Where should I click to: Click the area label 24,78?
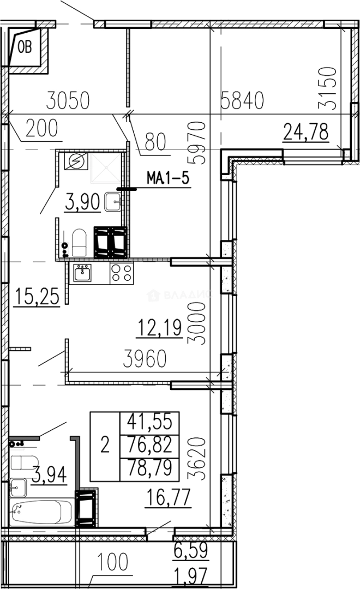[306, 132]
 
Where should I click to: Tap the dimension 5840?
[242, 100]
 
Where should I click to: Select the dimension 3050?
[68, 100]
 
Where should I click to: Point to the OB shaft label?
[25, 47]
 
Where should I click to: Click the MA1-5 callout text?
[167, 178]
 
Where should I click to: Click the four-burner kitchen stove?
[122, 273]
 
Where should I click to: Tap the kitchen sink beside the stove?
[82, 272]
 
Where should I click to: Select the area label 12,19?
[160, 327]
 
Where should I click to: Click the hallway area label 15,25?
[37, 296]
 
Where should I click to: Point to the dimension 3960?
[145, 359]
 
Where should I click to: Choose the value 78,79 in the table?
[149, 468]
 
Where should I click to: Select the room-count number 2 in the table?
[105, 445]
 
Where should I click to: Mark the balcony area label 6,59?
[191, 550]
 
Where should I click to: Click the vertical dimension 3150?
[327, 88]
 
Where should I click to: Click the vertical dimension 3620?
[197, 458]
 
